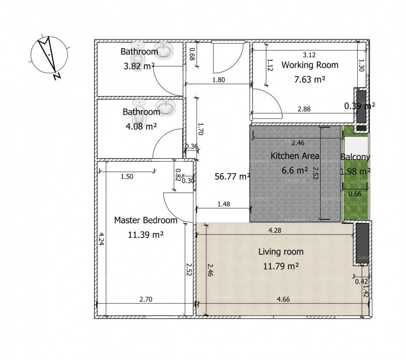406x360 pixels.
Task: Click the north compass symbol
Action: (49, 56)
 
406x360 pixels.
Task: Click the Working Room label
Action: (310, 65)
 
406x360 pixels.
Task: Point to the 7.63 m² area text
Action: (310, 79)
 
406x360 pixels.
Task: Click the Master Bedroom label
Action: (145, 220)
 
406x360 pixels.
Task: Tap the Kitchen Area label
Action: (295, 156)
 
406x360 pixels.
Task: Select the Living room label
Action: (281, 252)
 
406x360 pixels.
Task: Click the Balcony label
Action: (355, 157)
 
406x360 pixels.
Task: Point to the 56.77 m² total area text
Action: (232, 176)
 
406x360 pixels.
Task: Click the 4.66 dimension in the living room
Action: (283, 299)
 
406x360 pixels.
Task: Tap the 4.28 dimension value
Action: (275, 230)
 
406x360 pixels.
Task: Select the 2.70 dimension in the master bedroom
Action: (146, 299)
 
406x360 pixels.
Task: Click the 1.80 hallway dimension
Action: (218, 80)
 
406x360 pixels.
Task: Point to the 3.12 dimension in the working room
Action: (309, 55)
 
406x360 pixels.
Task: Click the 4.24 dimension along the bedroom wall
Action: (101, 239)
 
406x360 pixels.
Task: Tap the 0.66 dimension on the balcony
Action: (355, 194)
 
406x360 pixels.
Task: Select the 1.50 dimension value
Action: (127, 177)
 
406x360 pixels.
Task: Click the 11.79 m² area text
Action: (281, 266)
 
